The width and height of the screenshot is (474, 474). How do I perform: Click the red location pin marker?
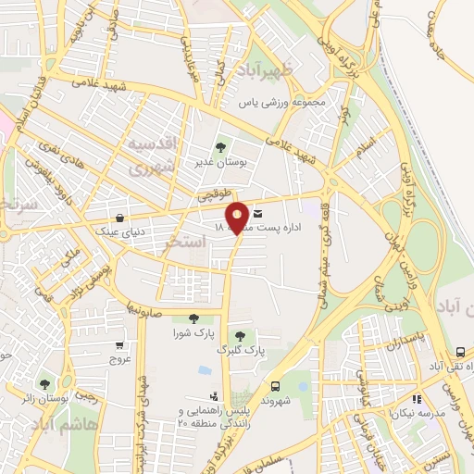click(237, 217)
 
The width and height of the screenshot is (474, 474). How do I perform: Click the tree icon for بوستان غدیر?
click(220, 146)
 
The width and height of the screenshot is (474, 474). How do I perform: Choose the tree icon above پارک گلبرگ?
click(242, 334)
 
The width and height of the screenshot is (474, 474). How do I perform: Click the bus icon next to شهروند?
click(275, 385)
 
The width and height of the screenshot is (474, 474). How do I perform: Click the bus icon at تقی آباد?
click(460, 353)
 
